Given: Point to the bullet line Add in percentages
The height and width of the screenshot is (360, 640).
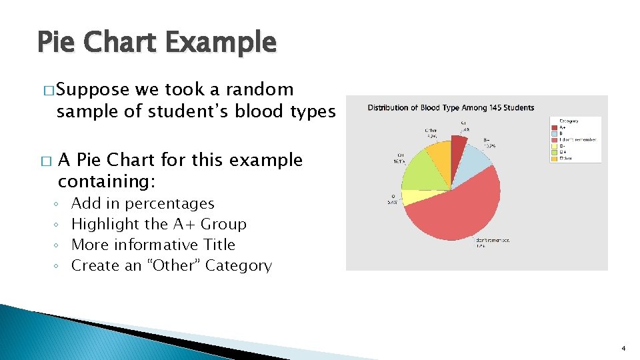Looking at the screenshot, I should [143, 203].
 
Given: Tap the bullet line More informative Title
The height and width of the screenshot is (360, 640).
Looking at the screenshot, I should [153, 245].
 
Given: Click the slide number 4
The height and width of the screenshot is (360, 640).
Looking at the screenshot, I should [623, 349].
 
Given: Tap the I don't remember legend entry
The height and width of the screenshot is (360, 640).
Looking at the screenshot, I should [577, 140].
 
